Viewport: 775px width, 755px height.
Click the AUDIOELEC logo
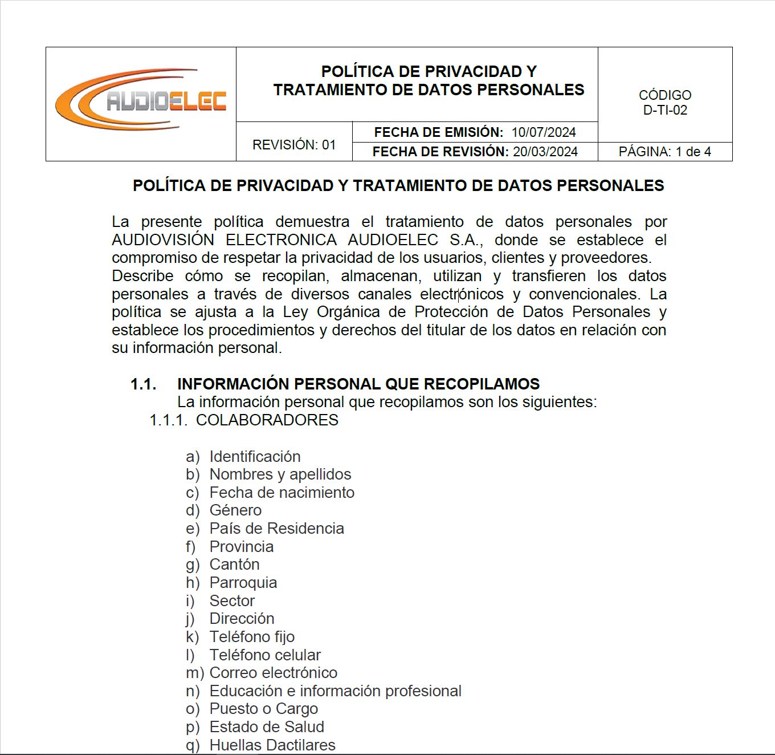141,100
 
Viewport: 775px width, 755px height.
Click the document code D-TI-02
665,110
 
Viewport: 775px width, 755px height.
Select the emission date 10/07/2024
544,132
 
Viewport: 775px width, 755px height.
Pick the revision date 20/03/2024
545,152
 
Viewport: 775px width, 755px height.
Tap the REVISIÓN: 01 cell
294,145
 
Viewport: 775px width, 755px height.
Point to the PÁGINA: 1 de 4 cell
665,152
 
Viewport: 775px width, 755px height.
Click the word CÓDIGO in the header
665,95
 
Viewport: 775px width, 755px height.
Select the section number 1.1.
144,384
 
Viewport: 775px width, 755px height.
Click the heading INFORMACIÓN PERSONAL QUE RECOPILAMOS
358,384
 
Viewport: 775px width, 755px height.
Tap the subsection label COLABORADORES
267,420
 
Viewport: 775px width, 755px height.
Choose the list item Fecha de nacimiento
282,493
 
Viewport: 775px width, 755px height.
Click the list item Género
235,510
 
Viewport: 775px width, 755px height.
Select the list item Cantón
234,565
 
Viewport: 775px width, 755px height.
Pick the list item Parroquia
243,583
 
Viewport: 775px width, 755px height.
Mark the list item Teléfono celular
265,655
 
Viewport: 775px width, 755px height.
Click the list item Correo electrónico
274,673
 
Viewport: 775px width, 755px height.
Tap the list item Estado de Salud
267,727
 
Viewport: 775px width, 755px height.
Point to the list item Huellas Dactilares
272,745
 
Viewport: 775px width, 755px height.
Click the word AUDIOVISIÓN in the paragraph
163,240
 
